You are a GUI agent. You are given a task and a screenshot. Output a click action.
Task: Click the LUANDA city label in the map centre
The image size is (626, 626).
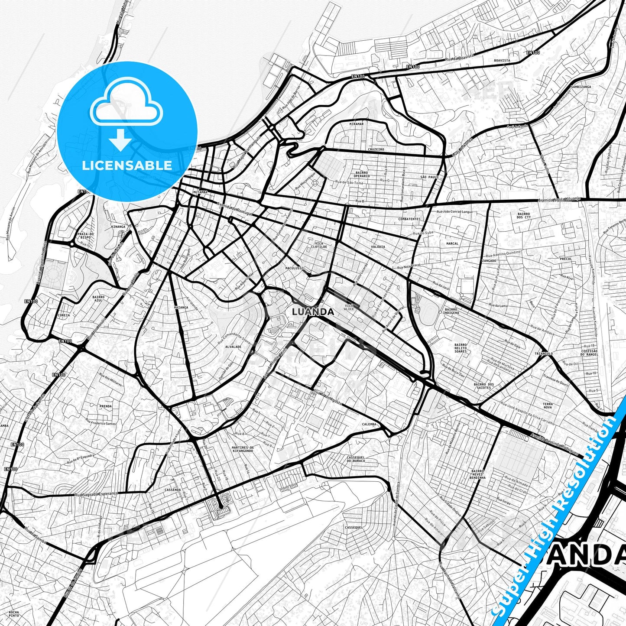tap(313, 311)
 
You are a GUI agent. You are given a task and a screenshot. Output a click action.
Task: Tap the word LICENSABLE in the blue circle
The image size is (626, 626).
tap(127, 165)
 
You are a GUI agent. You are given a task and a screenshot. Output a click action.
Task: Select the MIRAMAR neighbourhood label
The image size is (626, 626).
tap(357, 123)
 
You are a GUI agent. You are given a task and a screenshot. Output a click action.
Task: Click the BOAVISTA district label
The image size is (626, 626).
tap(502, 61)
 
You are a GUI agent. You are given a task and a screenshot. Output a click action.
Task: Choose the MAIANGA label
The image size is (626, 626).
tap(181, 308)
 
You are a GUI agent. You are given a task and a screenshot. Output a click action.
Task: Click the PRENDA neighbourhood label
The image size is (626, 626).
tap(106, 406)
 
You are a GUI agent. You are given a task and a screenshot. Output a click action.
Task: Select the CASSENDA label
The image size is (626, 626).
tap(172, 490)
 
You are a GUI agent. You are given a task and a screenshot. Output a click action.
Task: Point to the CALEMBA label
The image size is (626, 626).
tap(369, 424)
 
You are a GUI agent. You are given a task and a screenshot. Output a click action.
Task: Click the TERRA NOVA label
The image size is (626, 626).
tap(548, 405)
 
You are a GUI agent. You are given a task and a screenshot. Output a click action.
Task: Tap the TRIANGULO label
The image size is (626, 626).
tap(544, 354)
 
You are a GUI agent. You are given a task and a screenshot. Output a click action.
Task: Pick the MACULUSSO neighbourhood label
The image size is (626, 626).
tap(294, 268)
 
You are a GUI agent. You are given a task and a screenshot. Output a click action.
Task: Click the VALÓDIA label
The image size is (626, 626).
tap(378, 247)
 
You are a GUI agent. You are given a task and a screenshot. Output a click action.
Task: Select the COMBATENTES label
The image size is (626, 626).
tap(409, 219)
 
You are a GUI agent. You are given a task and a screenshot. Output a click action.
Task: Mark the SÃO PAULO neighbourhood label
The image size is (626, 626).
tap(429, 177)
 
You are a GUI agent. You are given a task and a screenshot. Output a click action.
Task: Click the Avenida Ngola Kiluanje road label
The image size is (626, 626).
tap(558, 200)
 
